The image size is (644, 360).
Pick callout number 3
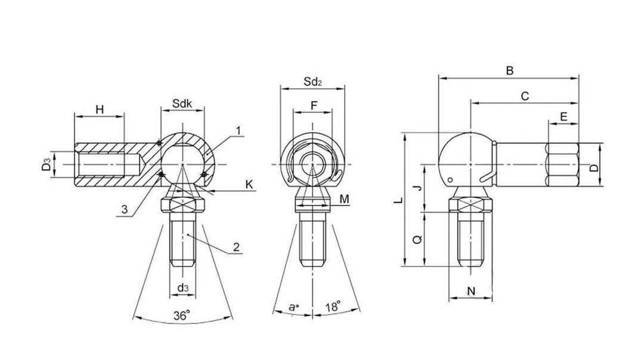tap(123, 209)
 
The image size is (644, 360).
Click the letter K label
tap(249, 185)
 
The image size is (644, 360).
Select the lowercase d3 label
tap(183, 288)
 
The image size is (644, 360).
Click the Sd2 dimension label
tap(312, 81)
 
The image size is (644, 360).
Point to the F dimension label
tap(314, 105)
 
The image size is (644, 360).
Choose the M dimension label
tap(345, 198)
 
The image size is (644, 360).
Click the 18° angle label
tap(333, 307)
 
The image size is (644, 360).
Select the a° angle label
tap(293, 307)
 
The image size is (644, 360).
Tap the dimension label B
tap(509, 70)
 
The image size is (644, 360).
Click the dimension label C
tap(525, 95)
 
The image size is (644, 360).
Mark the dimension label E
tap(563, 117)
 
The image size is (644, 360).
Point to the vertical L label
tap(398, 203)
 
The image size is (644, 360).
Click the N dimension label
tap(470, 291)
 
